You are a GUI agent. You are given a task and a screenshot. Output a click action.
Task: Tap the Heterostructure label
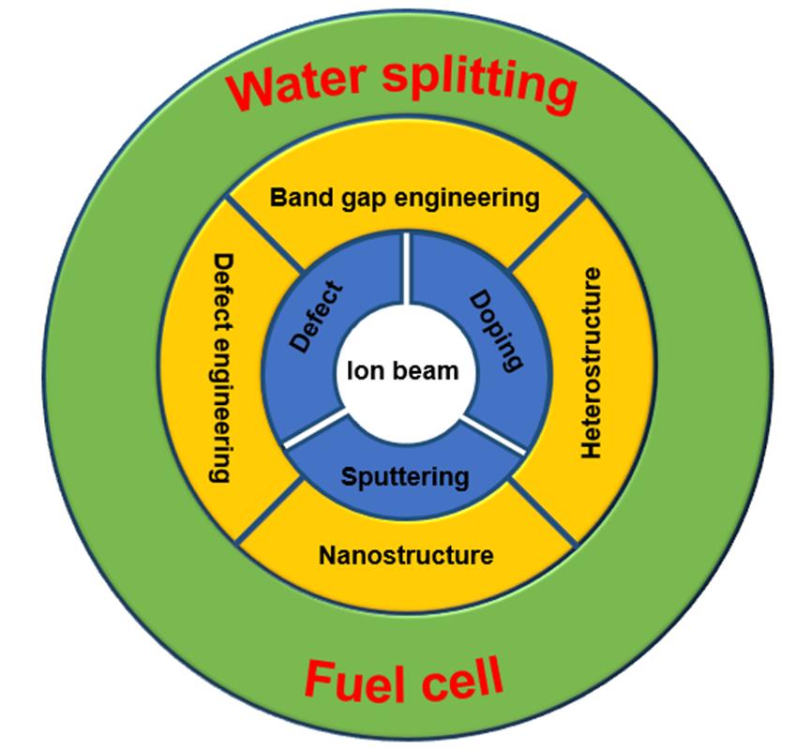[x=590, y=364]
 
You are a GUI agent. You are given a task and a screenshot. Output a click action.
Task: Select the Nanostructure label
[x=406, y=554]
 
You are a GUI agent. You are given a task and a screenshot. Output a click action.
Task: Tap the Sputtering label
[x=405, y=476]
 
